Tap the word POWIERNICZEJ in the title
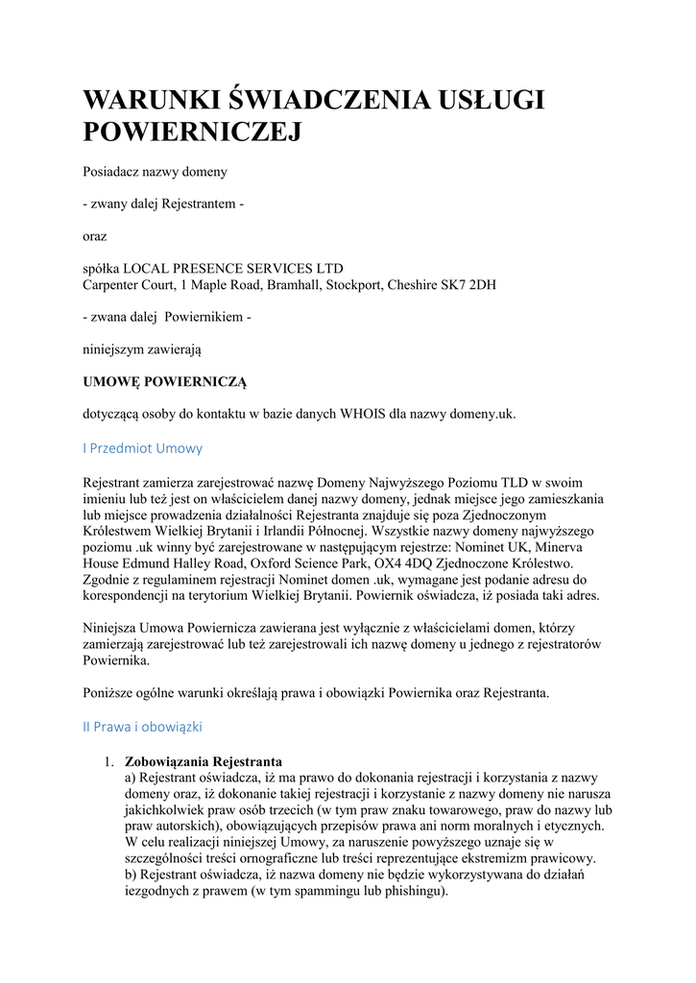pos(192,132)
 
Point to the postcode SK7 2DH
pos(469,285)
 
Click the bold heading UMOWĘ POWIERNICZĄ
pos(165,382)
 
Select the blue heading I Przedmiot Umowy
pos(143,448)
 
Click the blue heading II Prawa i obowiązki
pos(142,727)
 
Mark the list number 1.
pos(108,760)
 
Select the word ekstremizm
pos(491,858)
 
